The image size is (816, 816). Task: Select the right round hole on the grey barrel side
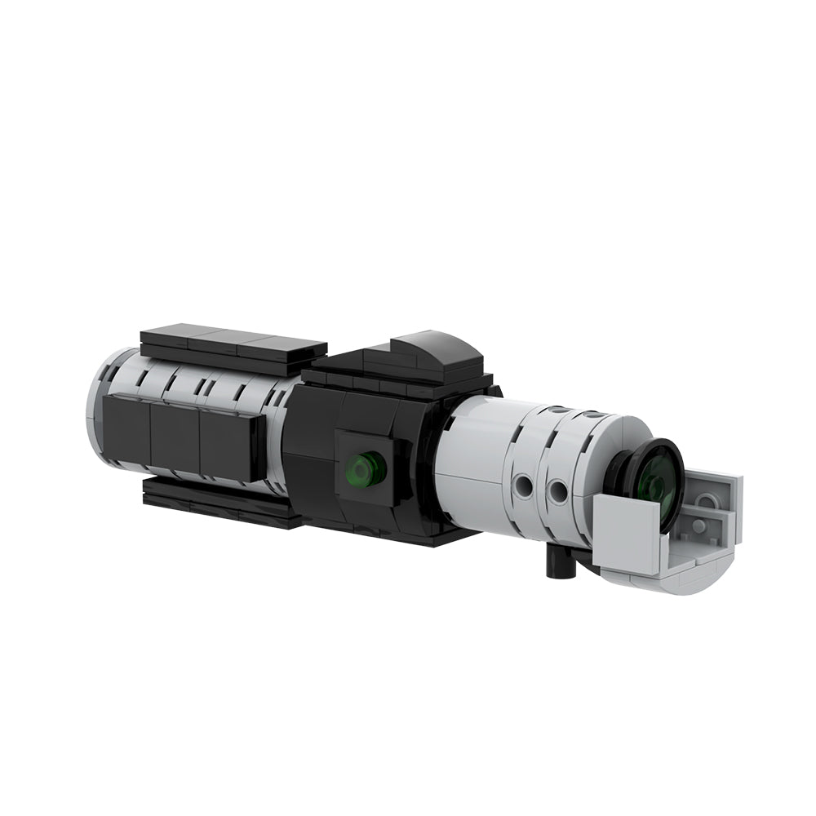tap(558, 490)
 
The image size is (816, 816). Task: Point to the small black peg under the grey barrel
tap(558, 564)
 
